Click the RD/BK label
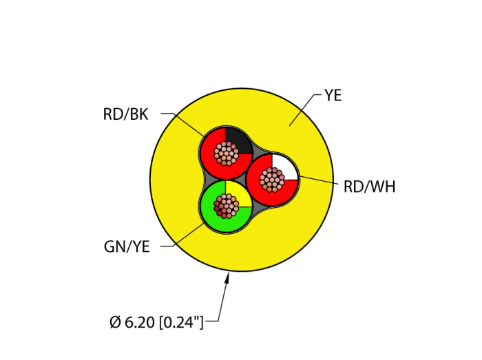tap(125, 115)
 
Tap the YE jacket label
tap(333, 96)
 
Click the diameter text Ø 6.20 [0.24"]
tap(157, 321)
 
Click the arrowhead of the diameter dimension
tap(229, 277)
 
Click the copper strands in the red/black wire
tap(226, 153)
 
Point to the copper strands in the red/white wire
tap(272, 180)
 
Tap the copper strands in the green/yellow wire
tap(225, 205)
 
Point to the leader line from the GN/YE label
tap(180, 237)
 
